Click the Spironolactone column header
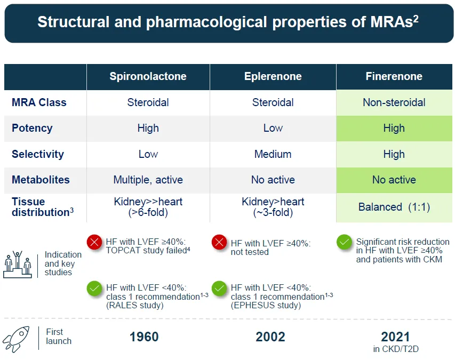[x=148, y=76]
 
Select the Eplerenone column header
[x=273, y=76]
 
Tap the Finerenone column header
[x=394, y=76]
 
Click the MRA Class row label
[x=39, y=102]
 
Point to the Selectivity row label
[x=37, y=154]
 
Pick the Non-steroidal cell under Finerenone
[x=394, y=102]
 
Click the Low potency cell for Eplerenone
[x=273, y=128]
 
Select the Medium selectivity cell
[x=273, y=154]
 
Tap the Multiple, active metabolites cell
[x=148, y=180]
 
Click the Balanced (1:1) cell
[x=394, y=207]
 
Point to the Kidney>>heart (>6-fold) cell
[x=148, y=207]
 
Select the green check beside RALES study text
[x=94, y=289]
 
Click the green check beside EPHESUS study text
[x=219, y=289]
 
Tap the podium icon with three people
[x=18, y=264]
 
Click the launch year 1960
[x=144, y=337]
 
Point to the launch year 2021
[x=395, y=337]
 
